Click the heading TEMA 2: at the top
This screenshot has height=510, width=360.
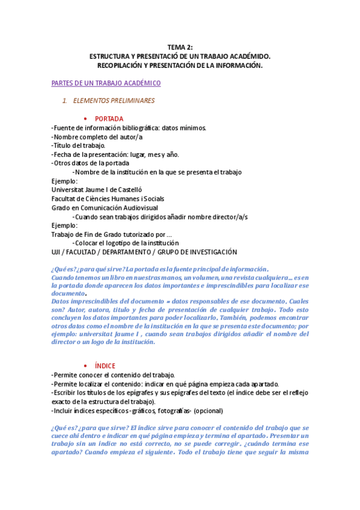click(x=180, y=48)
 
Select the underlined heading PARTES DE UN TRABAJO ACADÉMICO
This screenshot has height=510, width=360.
click(x=106, y=83)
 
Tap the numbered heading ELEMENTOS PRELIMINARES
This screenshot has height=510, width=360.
click(x=113, y=100)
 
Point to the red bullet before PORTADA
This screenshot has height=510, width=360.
click(x=84, y=118)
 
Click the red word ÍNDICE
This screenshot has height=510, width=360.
click(x=105, y=366)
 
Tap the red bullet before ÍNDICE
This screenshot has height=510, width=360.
click(x=84, y=366)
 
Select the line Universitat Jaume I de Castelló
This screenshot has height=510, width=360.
click(x=97, y=189)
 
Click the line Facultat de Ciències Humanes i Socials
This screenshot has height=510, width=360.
click(x=108, y=198)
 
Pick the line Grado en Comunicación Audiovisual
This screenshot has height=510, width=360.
click(x=102, y=207)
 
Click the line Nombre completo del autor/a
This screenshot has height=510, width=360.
click(x=97, y=137)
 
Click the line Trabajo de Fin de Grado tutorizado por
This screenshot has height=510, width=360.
click(x=111, y=234)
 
